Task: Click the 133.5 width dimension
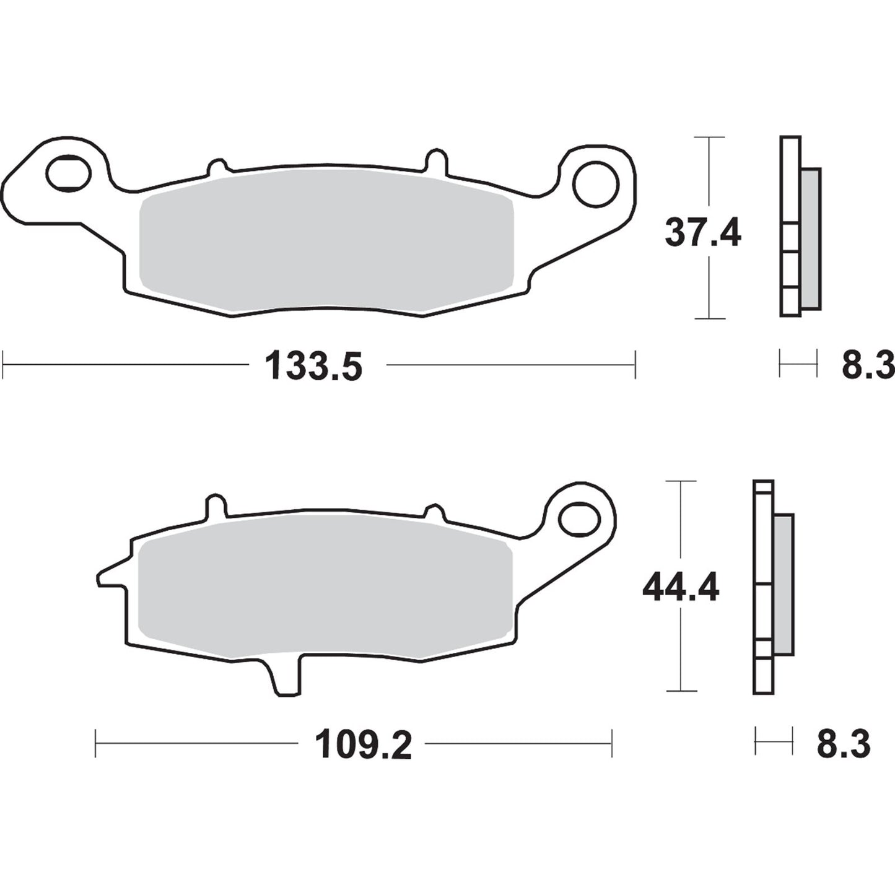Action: tap(313, 366)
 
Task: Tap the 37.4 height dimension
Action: tap(702, 233)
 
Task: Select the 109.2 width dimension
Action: tap(364, 744)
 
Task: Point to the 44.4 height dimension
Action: tap(681, 587)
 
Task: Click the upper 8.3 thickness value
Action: tap(867, 366)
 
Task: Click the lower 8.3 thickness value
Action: tap(844, 744)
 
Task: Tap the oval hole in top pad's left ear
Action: tap(68, 172)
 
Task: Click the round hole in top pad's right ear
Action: tap(596, 184)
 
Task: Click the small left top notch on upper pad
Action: tap(217, 167)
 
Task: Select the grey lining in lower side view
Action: tap(784, 583)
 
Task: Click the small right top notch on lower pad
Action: tap(434, 512)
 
